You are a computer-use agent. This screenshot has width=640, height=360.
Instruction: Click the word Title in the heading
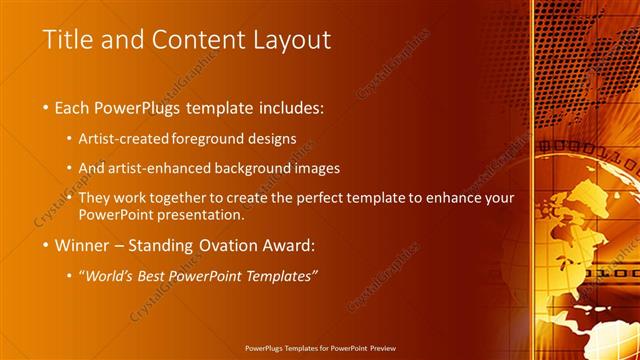coord(65,40)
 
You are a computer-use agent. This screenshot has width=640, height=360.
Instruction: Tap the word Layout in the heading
coord(290,40)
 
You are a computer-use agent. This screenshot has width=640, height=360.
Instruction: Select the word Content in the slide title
coord(197,40)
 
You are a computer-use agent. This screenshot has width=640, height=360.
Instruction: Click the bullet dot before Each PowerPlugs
coord(47,107)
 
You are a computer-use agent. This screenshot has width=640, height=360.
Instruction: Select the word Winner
coord(83,244)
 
